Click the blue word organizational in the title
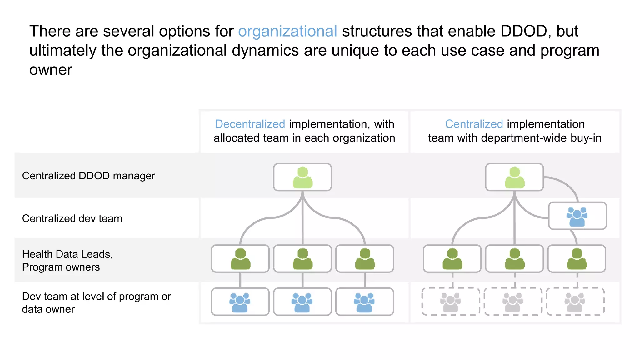pos(287,32)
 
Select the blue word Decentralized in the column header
pos(250,124)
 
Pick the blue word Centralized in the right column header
pos(474,124)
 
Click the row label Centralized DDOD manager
pos(88,176)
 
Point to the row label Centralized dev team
pos(72,218)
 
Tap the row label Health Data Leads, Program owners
pos(67,261)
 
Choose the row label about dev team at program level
pos(96,302)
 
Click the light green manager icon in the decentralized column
pos(302,177)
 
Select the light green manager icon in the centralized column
pos(514,177)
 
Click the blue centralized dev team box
pos(577,216)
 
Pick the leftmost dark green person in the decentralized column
pos(240,259)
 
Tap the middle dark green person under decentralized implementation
pos(302,259)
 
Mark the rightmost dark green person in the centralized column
pos(577,259)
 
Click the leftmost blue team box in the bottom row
pos(240,302)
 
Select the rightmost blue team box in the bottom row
pos(364,302)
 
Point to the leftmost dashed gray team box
pos(451,302)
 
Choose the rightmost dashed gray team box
pos(575,302)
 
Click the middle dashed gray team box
pos(513,302)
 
